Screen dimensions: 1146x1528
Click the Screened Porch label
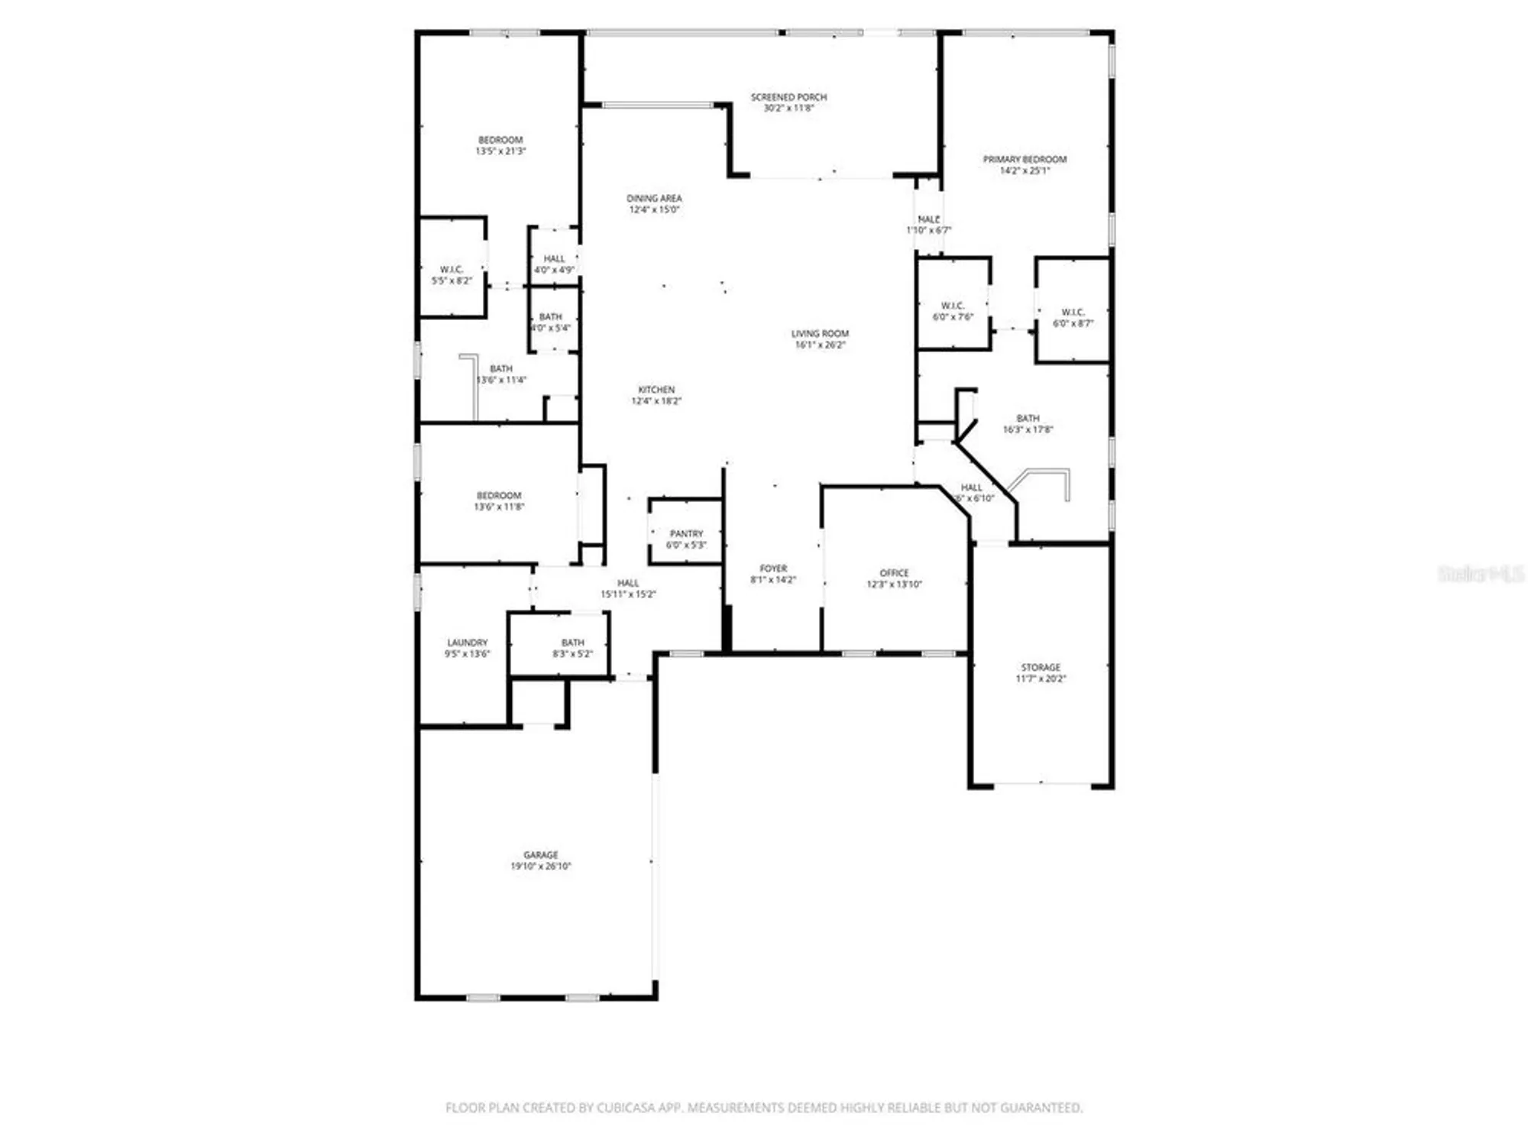(788, 98)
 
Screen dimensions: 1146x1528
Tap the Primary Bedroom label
(1025, 160)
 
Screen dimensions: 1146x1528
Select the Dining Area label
(654, 199)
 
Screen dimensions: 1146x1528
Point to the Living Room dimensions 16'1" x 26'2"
(820, 345)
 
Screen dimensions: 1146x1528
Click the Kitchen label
(656, 390)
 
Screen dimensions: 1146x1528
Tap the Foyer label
(773, 568)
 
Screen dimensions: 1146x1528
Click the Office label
(894, 573)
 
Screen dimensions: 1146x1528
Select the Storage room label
(1041, 668)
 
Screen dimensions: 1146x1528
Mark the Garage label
(541, 855)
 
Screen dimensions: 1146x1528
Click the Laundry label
(467, 643)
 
